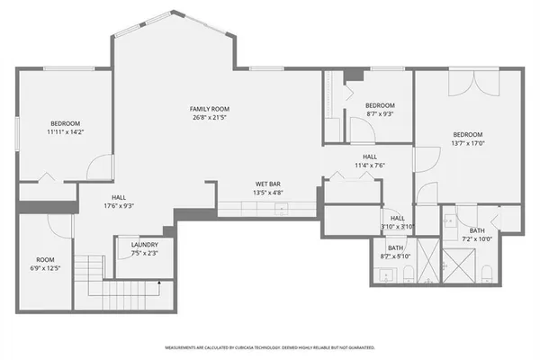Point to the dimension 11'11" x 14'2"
(65, 132)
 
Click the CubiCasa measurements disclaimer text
(269, 347)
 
